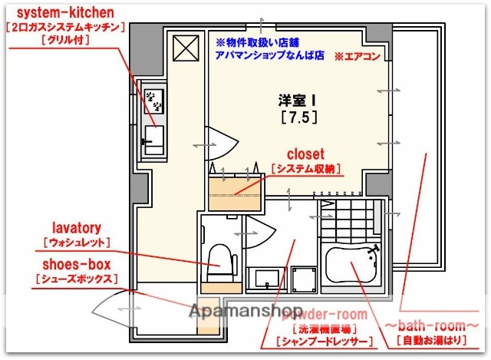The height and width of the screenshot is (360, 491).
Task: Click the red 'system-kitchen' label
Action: pos(65,13)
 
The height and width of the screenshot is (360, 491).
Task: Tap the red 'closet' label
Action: pos(305,154)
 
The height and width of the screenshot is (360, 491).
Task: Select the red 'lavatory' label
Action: pos(77,228)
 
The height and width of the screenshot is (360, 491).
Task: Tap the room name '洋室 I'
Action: pos(297,100)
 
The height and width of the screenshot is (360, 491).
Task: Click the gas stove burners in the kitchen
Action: pos(153,97)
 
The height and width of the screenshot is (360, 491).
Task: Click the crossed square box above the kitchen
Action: pos(186,49)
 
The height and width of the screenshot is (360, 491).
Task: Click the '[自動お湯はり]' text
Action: pos(435,341)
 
